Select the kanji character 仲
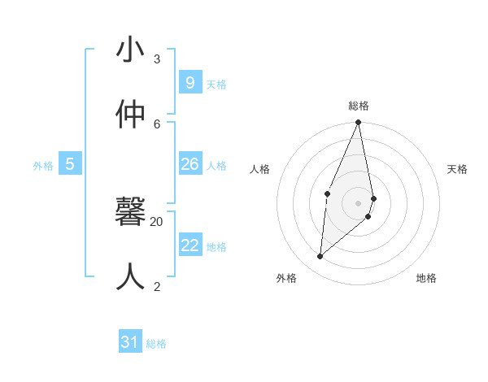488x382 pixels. (131, 115)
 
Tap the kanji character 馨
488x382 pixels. (131, 213)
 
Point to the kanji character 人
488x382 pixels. (131, 277)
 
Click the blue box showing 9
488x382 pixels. (190, 82)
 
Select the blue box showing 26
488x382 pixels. (190, 164)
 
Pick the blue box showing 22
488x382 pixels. (190, 245)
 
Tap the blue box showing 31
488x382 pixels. (130, 342)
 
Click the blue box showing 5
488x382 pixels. (70, 164)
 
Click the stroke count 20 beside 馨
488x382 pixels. (157, 221)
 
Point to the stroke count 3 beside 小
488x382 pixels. (157, 59)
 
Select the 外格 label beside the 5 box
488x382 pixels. (43, 166)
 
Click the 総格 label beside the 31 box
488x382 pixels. (156, 344)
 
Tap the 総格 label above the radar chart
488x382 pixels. (359, 106)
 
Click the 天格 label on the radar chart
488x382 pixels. (457, 169)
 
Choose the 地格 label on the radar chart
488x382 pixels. (426, 278)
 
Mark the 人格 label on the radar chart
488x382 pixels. (260, 169)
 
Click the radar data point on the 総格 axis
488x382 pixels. (359, 123)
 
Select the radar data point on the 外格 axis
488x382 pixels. (320, 256)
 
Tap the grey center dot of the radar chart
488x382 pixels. (359, 203)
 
